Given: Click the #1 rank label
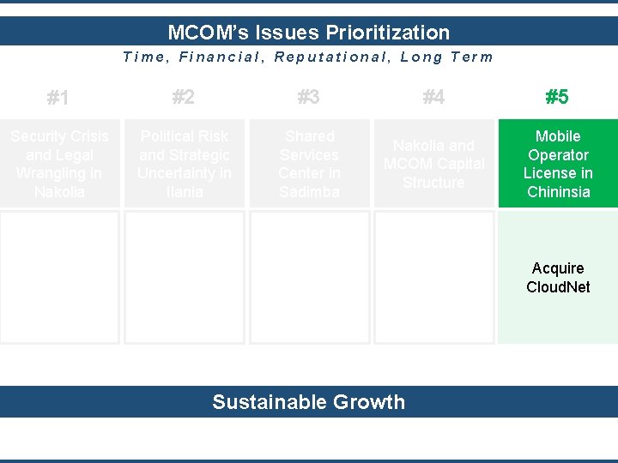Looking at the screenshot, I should pyautogui.click(x=58, y=98).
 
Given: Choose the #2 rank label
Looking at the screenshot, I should pyautogui.click(x=183, y=97).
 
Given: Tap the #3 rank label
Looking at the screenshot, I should pyautogui.click(x=308, y=97).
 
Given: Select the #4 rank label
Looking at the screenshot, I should pyautogui.click(x=433, y=97).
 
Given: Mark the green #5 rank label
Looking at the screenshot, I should pyautogui.click(x=557, y=97).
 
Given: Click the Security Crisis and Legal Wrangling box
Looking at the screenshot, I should pyautogui.click(x=59, y=164).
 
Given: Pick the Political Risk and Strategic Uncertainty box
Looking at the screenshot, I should pyautogui.click(x=185, y=164).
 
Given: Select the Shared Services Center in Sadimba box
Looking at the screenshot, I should pyautogui.click(x=309, y=164).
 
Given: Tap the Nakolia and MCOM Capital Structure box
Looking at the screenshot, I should pyautogui.click(x=433, y=164).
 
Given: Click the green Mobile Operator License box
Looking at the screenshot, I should pyautogui.click(x=558, y=164).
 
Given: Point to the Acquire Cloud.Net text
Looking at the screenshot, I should pyautogui.click(x=558, y=278).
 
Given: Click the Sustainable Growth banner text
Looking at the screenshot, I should pyautogui.click(x=308, y=402).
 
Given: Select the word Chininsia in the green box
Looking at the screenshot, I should pyautogui.click(x=558, y=192).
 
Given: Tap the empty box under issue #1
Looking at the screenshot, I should pyautogui.click(x=59, y=277).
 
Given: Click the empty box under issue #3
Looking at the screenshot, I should pyautogui.click(x=309, y=277).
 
